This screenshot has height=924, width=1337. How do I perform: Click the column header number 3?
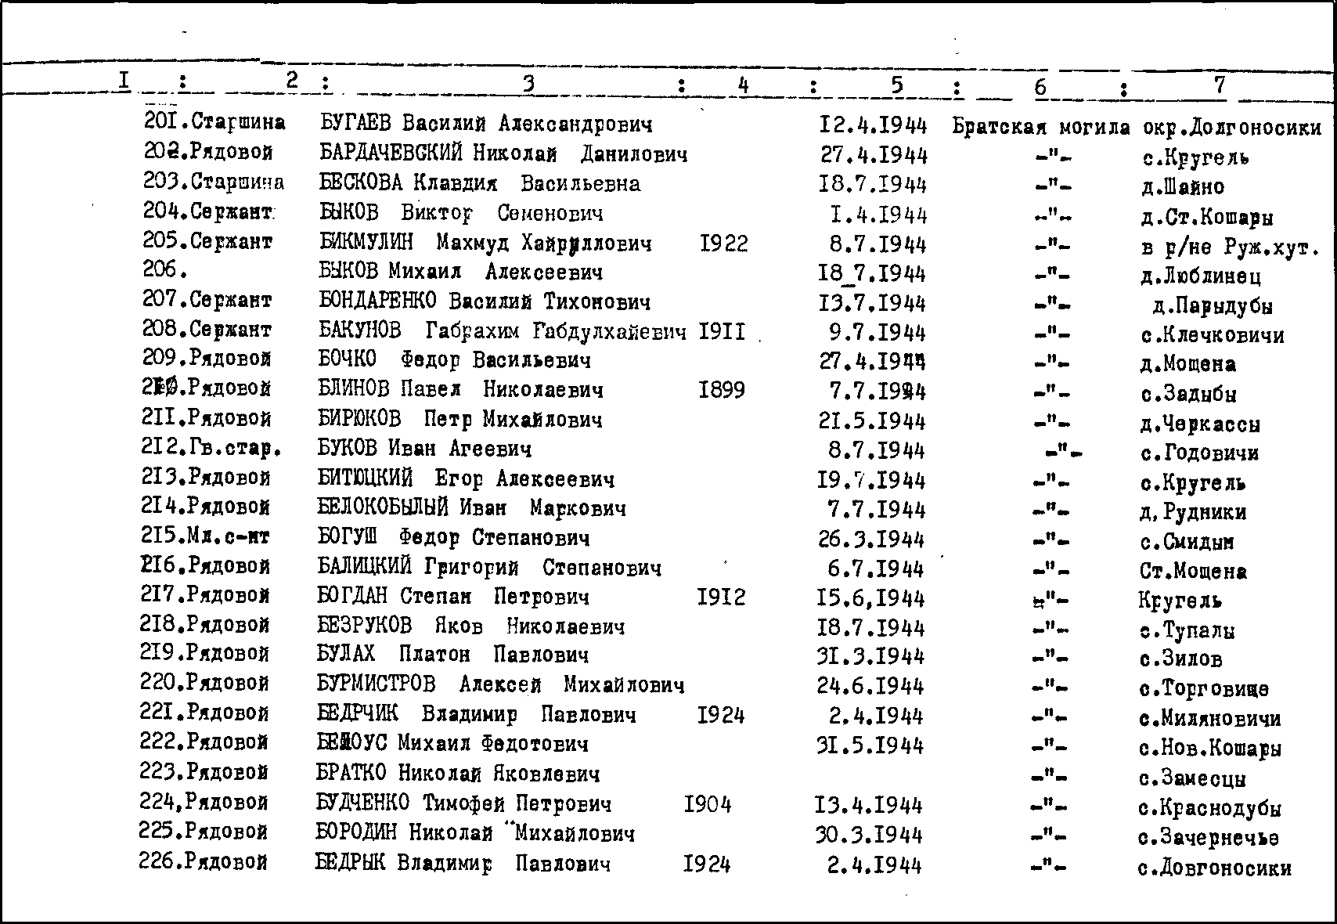point(528,83)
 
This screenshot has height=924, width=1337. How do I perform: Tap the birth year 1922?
point(724,244)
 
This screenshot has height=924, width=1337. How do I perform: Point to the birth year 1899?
point(722,390)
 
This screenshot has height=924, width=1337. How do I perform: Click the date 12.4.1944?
point(873,125)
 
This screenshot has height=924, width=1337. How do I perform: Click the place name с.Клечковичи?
point(1212,336)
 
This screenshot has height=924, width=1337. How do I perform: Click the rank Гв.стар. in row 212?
point(235,449)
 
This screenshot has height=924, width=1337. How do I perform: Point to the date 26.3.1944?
point(870,540)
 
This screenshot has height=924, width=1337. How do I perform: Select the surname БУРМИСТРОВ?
point(376,684)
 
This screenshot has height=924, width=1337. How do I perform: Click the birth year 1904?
point(708,804)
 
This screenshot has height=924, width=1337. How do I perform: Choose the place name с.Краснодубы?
point(1209,808)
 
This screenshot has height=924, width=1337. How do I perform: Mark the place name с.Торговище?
point(1204,689)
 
